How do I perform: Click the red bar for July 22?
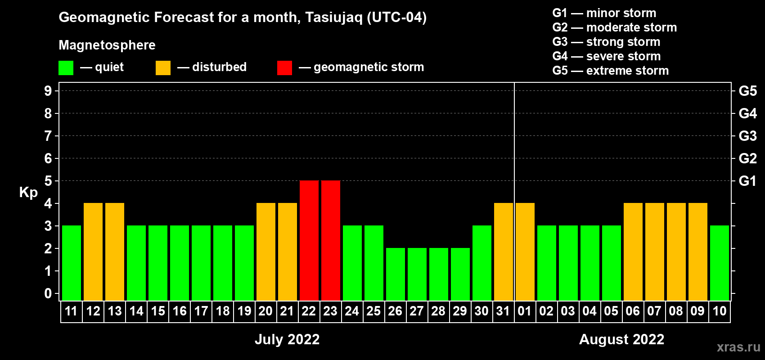pos(309,240)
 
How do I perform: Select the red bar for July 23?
pos(331,240)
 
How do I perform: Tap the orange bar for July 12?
pos(93,252)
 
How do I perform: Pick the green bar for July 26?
pos(396,274)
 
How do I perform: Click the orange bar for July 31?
pos(504,252)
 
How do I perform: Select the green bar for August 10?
pos(720,263)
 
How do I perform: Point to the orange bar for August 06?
pos(633,252)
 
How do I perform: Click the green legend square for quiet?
pos(66,67)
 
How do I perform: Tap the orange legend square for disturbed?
pos(163,67)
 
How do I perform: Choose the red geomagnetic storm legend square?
pos(284,67)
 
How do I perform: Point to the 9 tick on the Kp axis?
pos(48,91)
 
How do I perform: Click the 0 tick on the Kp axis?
pos(48,293)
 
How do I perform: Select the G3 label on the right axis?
pos(747,136)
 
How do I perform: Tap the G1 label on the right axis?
pos(747,181)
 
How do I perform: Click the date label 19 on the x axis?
pos(244,311)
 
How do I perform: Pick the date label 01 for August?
pos(525,311)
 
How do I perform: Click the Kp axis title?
pos(28,193)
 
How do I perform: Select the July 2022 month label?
pos(287,339)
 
